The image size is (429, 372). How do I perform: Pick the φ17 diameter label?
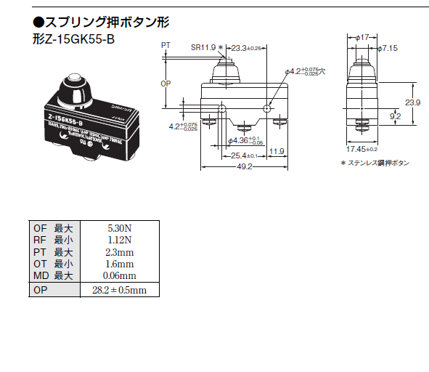click(x=364, y=36)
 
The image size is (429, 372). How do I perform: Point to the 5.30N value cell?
click(x=120, y=227)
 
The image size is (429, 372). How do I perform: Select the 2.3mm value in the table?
click(x=120, y=251)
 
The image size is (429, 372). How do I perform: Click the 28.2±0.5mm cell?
click(x=120, y=290)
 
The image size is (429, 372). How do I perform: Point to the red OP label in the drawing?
click(x=164, y=84)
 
